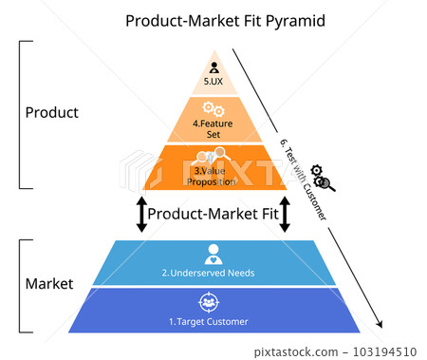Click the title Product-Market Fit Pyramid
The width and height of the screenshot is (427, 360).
pos(213,20)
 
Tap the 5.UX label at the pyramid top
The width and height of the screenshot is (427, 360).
pos(213,83)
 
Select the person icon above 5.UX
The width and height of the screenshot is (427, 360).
pos(213,67)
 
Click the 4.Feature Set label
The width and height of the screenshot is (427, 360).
pos(213,128)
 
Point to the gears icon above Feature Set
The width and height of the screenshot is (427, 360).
pos(213,109)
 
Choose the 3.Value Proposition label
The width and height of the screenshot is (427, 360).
pos(213,176)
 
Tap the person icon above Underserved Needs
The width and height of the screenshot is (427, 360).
pos(213,255)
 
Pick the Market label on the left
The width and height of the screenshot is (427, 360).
pos(48,284)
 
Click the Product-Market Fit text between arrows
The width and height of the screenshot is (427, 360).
pos(213,215)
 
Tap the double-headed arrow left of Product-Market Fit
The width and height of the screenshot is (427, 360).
pos(141,215)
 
